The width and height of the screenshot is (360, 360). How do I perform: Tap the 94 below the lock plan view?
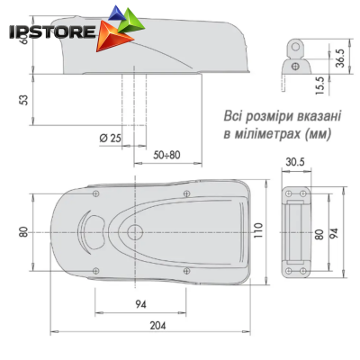click(140, 304)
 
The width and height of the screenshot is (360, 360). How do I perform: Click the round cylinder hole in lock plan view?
click(134, 233)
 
